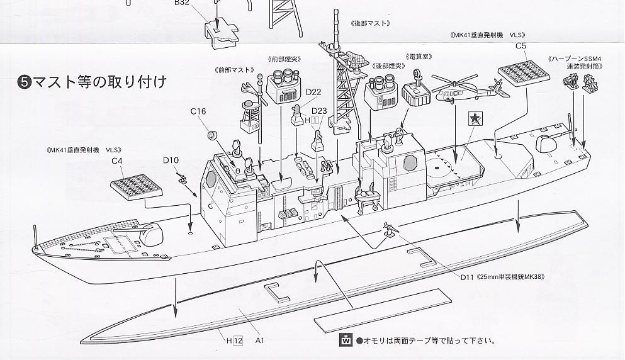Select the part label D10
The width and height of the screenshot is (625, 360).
(x=171, y=160)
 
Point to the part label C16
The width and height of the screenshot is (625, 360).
(x=198, y=111)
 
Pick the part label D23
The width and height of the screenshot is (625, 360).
(x=319, y=111)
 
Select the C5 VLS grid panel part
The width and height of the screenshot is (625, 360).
(x=520, y=76)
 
